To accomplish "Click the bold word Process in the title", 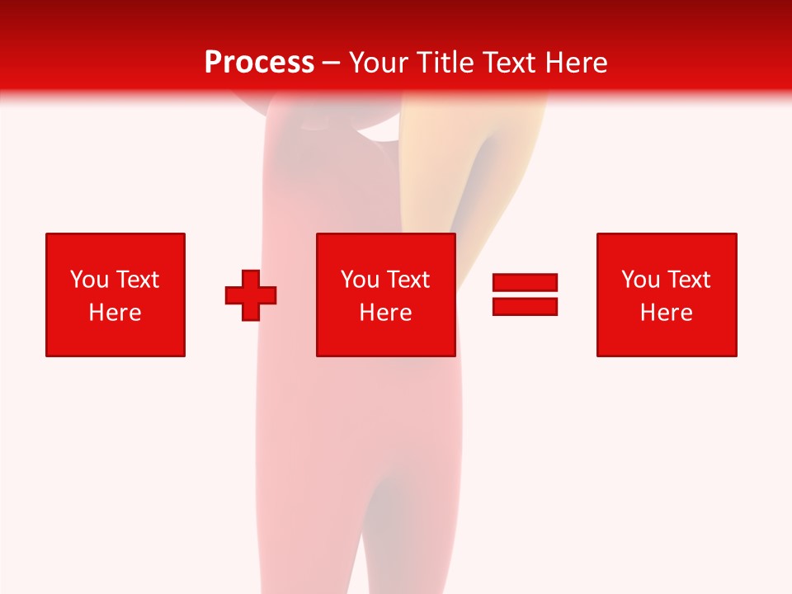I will (259, 62).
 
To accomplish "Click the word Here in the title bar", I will (577, 62).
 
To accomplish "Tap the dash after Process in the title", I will (332, 63).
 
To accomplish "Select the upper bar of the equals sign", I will (525, 283).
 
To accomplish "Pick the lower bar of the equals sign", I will (525, 306).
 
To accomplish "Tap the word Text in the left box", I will (137, 280).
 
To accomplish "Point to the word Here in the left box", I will (115, 313).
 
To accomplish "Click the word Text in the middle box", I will (408, 280).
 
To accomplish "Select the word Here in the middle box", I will (385, 313).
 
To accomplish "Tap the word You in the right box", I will (641, 280).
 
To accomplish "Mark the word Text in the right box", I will (688, 280).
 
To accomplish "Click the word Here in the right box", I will (666, 313).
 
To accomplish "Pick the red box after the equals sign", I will (667, 338).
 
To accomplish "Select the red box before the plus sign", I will (115, 338).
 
